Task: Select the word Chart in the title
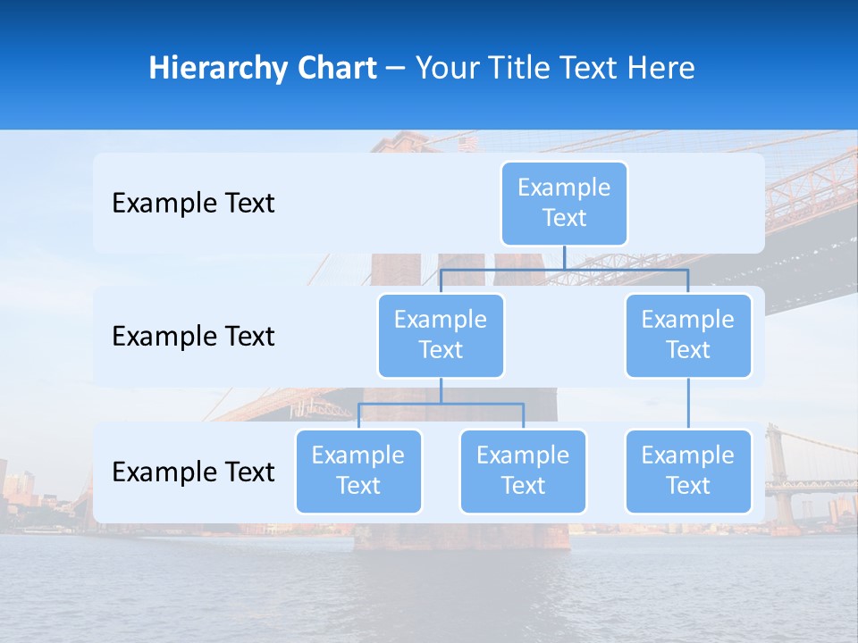coord(332,68)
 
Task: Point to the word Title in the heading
coord(535,68)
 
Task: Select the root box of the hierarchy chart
coord(564,203)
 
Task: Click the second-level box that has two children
coord(441,335)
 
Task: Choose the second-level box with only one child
coord(688,335)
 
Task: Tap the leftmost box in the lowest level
coord(358,471)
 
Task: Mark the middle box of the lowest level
coord(523,471)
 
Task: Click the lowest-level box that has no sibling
coord(688,471)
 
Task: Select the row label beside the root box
coord(193,204)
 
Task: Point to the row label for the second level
coord(193,337)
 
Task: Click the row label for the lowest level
coord(193,472)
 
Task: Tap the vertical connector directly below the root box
coord(564,257)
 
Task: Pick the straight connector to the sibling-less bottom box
coord(688,404)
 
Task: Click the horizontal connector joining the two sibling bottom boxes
coord(441,404)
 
